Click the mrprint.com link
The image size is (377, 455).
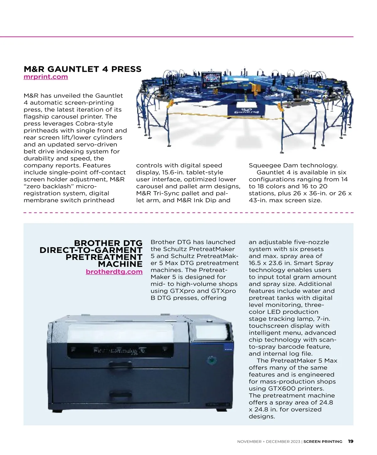46,77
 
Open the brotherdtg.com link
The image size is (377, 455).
114,272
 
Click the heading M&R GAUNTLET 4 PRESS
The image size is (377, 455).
82,69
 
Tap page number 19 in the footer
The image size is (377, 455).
351,441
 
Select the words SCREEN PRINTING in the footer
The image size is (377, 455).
323,442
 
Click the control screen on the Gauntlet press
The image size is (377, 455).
211,78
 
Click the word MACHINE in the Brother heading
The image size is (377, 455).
120,264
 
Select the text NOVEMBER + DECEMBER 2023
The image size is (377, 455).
269,442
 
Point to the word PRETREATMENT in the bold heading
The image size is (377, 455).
104,257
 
